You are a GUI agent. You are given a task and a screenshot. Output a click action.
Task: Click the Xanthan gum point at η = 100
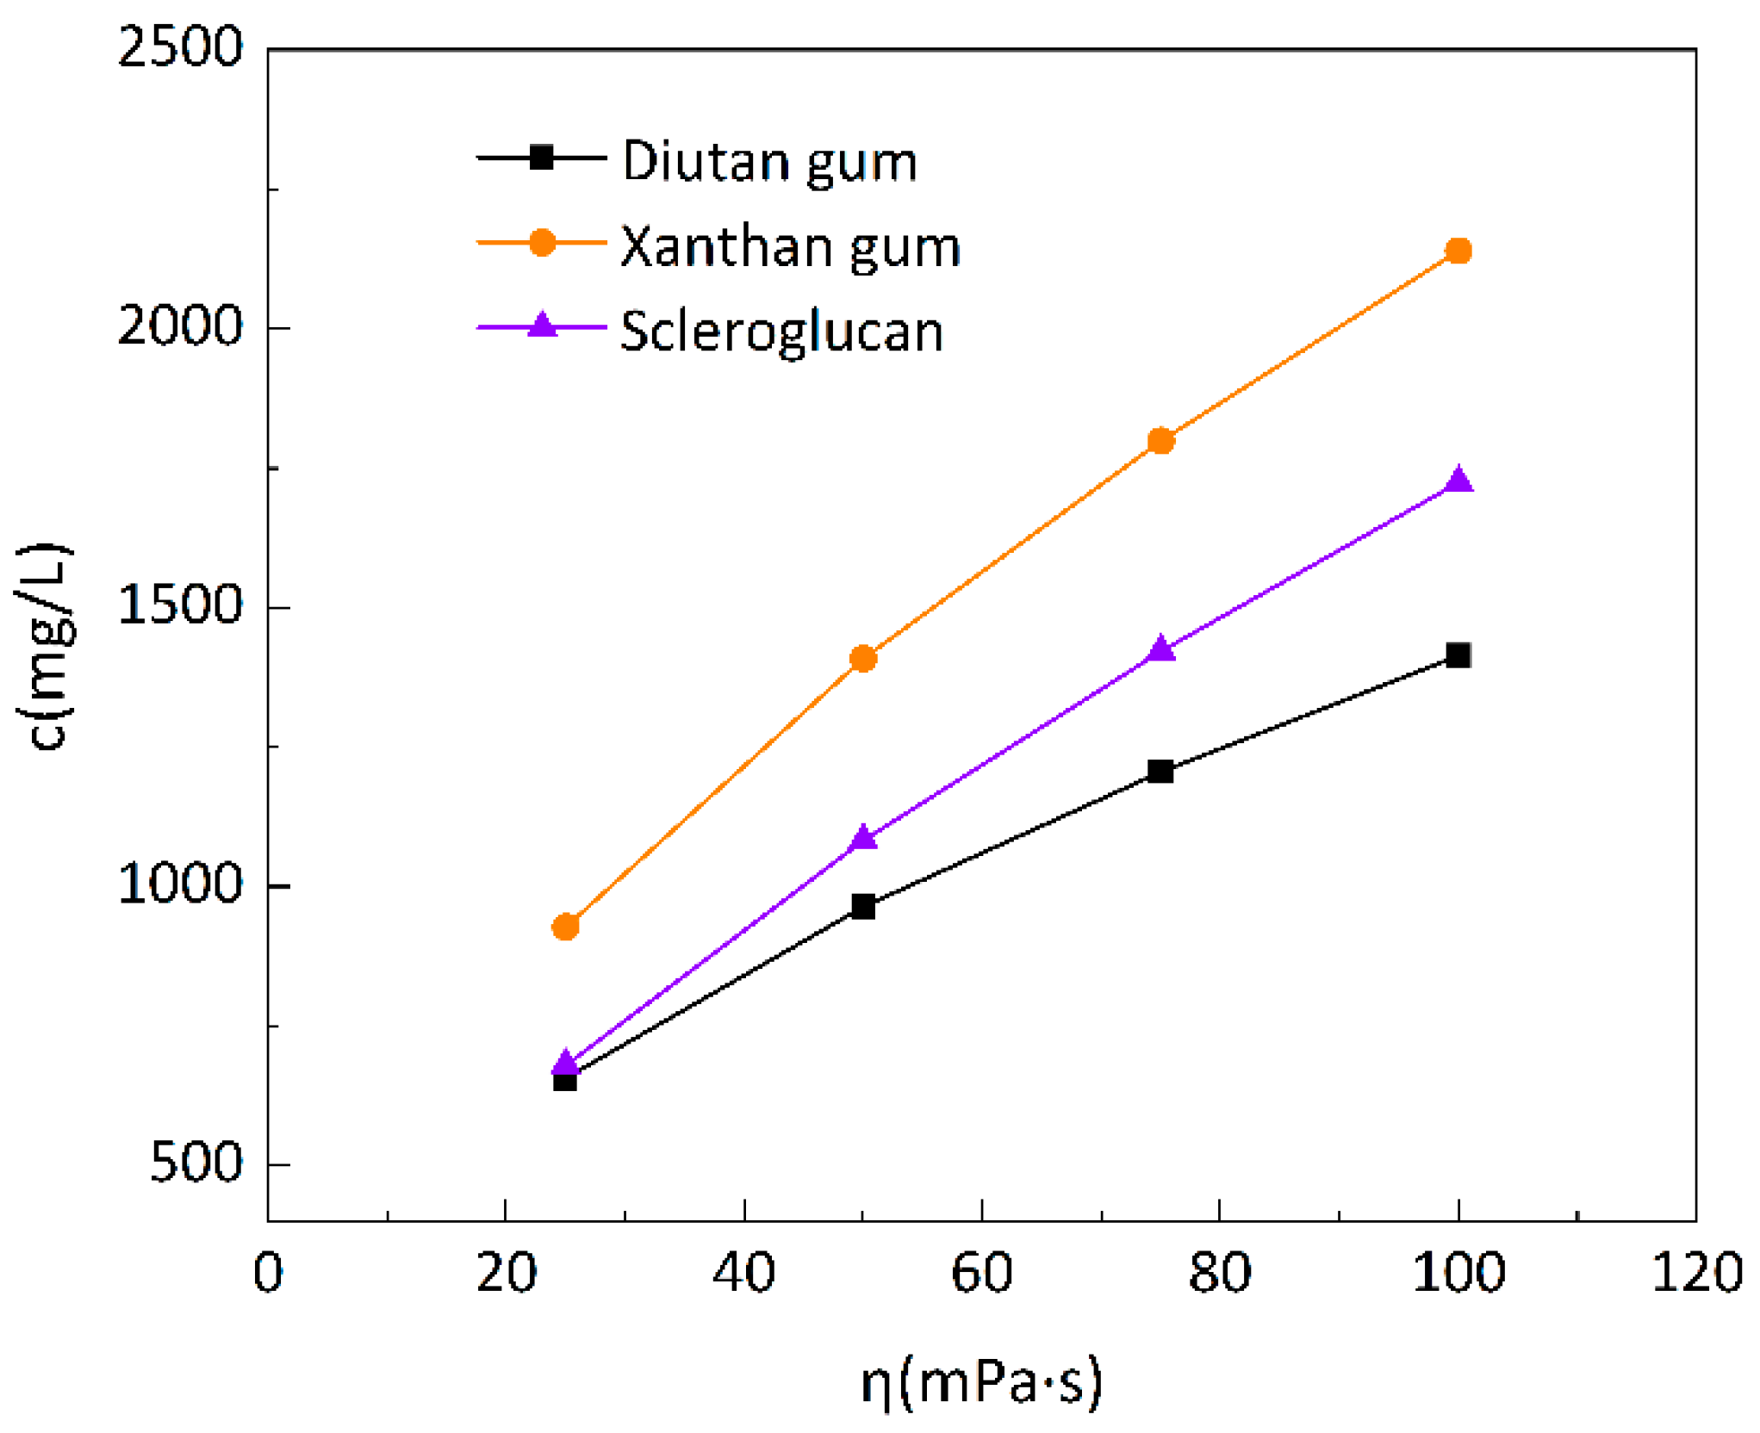(1458, 251)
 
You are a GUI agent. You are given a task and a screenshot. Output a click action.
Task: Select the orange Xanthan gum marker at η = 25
(565, 927)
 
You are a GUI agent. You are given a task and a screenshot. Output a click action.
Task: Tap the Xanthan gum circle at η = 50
(863, 659)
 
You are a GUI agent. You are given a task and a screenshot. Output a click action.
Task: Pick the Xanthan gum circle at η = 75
(1161, 441)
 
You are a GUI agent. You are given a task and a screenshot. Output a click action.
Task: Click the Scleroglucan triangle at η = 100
(1458, 480)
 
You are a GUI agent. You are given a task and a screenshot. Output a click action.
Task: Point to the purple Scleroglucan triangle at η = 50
(863, 837)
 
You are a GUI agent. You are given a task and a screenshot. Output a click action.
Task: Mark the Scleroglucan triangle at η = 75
(1161, 648)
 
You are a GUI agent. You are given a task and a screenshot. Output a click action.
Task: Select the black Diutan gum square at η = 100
(1458, 655)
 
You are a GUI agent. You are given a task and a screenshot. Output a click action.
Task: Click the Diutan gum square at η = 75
(1161, 772)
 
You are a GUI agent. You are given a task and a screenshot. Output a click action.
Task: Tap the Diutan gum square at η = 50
(863, 906)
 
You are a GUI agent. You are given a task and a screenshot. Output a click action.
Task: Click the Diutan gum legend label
(769, 162)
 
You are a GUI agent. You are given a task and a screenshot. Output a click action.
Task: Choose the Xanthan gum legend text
(790, 247)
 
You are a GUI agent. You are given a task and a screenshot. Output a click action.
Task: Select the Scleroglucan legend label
(781, 332)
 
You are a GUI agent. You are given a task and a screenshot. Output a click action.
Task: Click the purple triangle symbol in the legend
(542, 326)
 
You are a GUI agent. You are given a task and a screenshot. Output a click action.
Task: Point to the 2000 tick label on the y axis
(180, 326)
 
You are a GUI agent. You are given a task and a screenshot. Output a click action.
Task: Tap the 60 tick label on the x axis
(981, 1274)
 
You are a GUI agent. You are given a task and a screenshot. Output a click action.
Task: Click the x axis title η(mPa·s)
(981, 1382)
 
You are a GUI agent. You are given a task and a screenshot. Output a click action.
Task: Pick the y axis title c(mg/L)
(47, 646)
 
